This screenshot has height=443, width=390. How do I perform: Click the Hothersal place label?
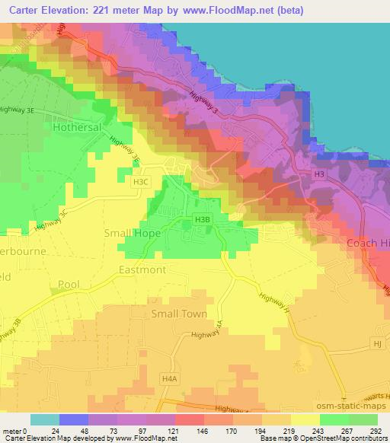[78, 129]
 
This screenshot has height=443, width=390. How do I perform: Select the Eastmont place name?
[142, 269]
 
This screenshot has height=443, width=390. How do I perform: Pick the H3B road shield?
[201, 220]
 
